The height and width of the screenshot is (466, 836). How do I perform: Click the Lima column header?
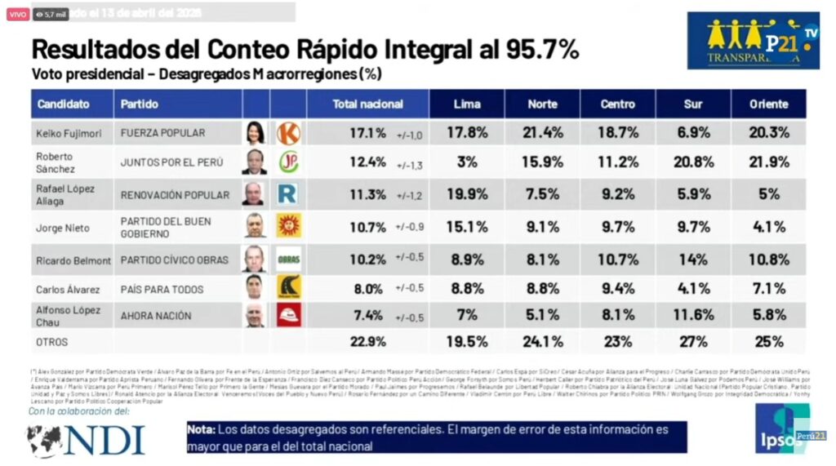tap(466, 104)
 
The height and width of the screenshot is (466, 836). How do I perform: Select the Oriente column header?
tap(769, 104)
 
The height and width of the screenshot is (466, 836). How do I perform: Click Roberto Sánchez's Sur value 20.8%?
tap(692, 162)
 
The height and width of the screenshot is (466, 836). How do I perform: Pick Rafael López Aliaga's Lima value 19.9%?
tap(466, 194)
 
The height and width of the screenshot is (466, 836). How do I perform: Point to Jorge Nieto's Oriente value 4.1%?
tap(769, 228)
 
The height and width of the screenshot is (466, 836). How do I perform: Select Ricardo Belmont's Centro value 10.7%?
tap(617, 260)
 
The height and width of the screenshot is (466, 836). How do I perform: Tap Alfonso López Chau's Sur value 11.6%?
tap(692, 315)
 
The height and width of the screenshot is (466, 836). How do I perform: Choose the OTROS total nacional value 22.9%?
tap(369, 341)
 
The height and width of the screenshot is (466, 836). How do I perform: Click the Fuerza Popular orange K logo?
tap(288, 133)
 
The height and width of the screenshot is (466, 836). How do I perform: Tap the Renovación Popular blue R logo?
tap(288, 194)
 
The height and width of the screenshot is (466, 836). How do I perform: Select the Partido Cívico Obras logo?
tap(288, 260)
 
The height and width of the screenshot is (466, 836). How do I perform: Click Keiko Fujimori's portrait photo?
tap(255, 133)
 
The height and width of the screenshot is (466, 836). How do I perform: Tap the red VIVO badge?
tap(17, 14)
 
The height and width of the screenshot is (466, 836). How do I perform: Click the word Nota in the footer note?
tap(201, 429)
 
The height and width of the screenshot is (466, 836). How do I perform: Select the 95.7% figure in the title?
tap(538, 49)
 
